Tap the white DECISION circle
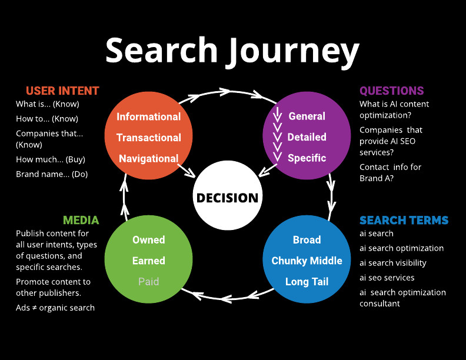point(227,198)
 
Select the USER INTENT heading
point(62,91)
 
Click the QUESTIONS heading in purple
point(391,91)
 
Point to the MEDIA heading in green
point(81,220)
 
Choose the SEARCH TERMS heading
point(404,220)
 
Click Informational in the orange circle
point(149,116)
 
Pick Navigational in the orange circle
point(149,158)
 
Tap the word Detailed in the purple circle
point(307,137)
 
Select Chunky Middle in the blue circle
point(307,261)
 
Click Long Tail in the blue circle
point(307,282)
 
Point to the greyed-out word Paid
point(149,282)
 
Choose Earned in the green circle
point(149,261)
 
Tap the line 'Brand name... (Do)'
point(52,174)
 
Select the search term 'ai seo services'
point(387,278)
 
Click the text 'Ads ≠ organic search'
point(55,308)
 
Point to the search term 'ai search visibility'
point(393,263)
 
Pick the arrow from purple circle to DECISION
point(268,170)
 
